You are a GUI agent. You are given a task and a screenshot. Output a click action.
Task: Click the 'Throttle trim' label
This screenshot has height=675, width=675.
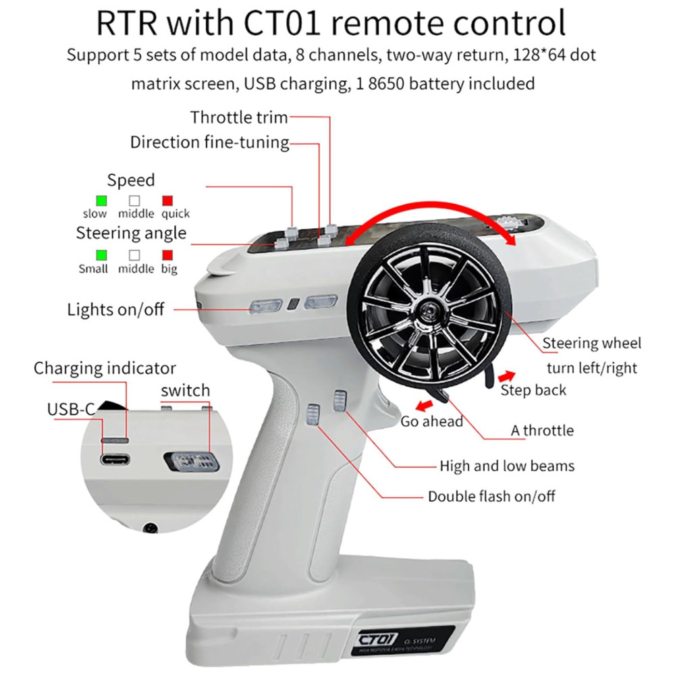239,117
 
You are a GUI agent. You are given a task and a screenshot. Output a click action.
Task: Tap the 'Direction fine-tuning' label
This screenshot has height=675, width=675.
209,142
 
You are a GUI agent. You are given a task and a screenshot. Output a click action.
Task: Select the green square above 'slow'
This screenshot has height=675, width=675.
102,200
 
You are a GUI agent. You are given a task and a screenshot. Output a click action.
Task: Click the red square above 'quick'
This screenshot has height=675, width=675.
167,200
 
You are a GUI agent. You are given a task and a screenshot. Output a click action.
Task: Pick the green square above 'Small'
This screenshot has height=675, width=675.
102,255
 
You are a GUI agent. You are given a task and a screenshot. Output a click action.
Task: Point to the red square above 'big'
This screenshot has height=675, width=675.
167,255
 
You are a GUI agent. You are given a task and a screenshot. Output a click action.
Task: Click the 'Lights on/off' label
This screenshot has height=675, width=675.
115,310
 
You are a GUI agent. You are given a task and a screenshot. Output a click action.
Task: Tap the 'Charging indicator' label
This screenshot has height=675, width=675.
105,369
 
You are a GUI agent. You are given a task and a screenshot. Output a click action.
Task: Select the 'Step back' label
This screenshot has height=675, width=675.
533,390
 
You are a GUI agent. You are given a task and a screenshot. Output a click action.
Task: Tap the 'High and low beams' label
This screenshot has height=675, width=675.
507,466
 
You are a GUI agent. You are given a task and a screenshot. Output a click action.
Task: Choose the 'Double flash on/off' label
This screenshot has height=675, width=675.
491,496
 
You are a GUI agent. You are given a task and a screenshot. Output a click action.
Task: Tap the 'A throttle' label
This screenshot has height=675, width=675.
542,430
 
